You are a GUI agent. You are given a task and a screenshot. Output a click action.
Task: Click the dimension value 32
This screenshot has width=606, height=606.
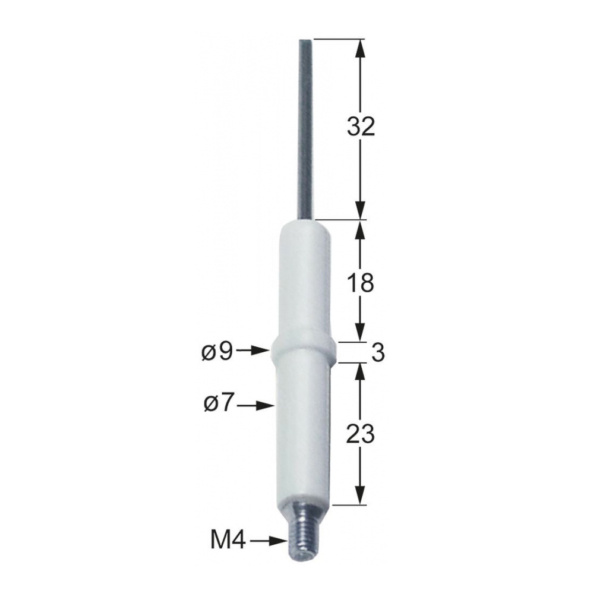(x=361, y=127)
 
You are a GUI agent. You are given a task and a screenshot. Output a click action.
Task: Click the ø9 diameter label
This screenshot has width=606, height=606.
(x=217, y=352)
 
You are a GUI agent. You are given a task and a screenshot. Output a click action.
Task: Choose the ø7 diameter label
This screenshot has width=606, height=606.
(x=219, y=404)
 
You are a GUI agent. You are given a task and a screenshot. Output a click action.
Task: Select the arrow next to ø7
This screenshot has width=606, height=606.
(x=256, y=405)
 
